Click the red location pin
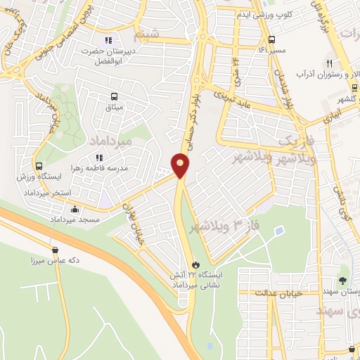click(181, 166)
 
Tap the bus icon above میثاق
click(112, 96)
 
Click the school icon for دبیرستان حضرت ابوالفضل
click(108, 39)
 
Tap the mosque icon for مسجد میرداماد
click(75, 208)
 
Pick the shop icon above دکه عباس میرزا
click(55, 249)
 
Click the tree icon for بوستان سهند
click(342, 280)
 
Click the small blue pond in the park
click(280, 230)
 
